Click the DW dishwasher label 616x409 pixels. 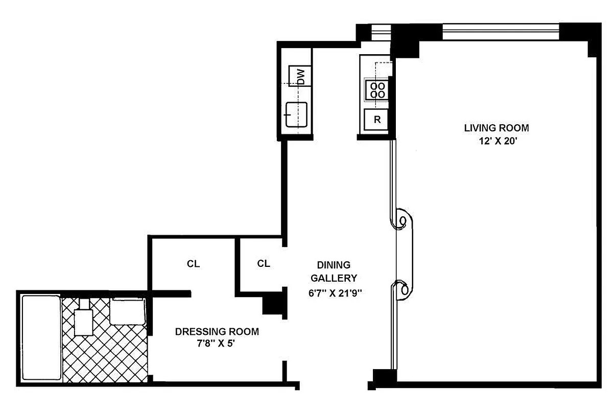coord(300,77)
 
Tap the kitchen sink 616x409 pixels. coord(296,114)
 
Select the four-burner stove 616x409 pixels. coord(377,89)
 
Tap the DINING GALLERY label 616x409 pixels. coord(334,271)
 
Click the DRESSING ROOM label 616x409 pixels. coord(217,332)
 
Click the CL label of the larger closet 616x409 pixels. coord(193,264)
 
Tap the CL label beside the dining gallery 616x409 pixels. coord(264,263)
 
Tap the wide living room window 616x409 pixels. coord(501,32)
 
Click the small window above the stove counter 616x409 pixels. coord(380,32)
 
